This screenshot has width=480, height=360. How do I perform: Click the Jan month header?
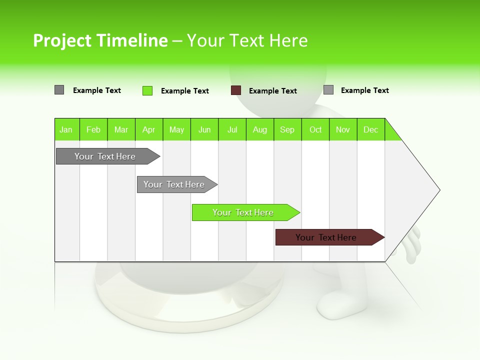[x=66, y=129]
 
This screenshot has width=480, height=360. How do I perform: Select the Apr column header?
[x=149, y=129]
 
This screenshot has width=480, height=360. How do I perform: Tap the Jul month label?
[x=232, y=129]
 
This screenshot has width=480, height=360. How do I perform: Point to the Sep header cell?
[x=287, y=129]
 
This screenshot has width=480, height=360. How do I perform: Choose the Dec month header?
[x=370, y=129]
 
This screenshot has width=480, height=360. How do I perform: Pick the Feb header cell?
[x=93, y=129]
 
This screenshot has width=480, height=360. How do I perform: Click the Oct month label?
[x=315, y=129]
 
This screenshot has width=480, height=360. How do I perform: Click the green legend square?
[x=147, y=90]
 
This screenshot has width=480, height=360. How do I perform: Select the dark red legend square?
[x=236, y=90]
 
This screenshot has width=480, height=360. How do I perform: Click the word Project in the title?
[x=62, y=40]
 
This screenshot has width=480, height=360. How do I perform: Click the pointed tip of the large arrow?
[x=438, y=190]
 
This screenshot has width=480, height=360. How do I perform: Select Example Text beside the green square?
[x=185, y=91]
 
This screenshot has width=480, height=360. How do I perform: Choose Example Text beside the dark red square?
[x=273, y=91]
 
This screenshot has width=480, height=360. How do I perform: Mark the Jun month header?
[x=204, y=129]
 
